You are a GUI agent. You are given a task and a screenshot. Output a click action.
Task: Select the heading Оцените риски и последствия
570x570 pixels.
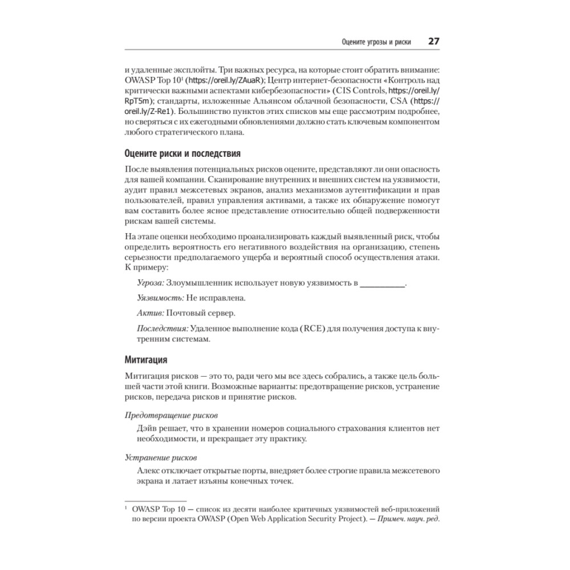pos(182,154)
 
